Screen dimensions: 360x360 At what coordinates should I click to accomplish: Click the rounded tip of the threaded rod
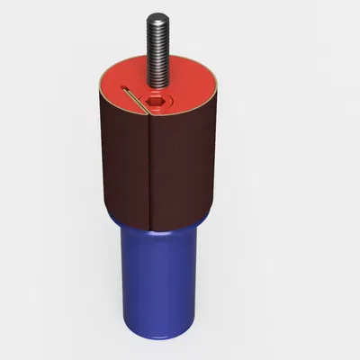point(159,15)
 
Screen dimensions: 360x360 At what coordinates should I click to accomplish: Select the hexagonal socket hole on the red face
point(158,101)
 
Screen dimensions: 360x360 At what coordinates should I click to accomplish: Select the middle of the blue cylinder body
point(158,279)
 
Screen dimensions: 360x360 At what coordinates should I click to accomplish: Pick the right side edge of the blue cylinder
point(195,274)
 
